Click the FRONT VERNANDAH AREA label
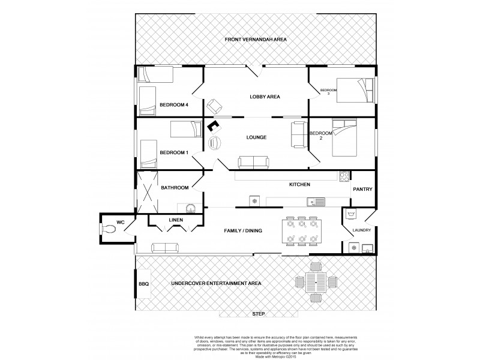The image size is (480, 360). [256, 39]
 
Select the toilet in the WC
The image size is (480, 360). [109, 229]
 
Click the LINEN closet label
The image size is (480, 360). [175, 221]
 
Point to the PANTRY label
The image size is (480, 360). [363, 190]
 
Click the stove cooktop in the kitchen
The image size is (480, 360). [344, 177]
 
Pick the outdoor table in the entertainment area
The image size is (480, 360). [315, 281]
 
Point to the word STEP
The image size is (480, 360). [259, 314]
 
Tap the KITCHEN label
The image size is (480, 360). [299, 185]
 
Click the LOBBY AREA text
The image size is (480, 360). [265, 97]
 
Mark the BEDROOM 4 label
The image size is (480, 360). [174, 105]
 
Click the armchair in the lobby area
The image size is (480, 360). [214, 106]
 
